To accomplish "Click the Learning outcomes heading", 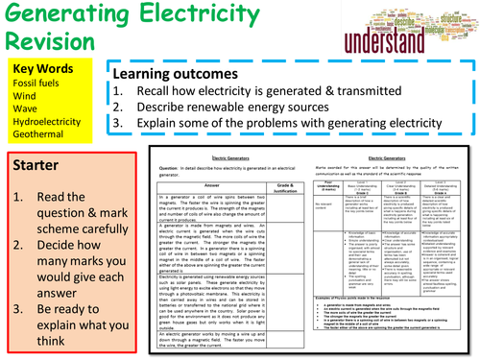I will pos(182,74).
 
